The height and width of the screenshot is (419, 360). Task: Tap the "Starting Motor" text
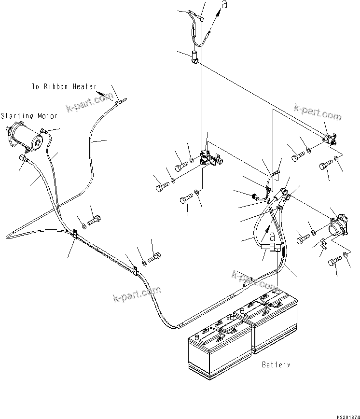click(x=29, y=116)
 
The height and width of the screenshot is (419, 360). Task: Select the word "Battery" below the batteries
click(x=276, y=365)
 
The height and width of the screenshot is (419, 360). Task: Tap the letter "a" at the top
click(x=224, y=5)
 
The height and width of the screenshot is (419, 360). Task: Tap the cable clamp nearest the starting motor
click(x=75, y=234)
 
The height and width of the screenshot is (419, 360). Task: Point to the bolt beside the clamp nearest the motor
click(x=95, y=221)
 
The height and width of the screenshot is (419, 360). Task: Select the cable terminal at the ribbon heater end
click(x=120, y=102)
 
